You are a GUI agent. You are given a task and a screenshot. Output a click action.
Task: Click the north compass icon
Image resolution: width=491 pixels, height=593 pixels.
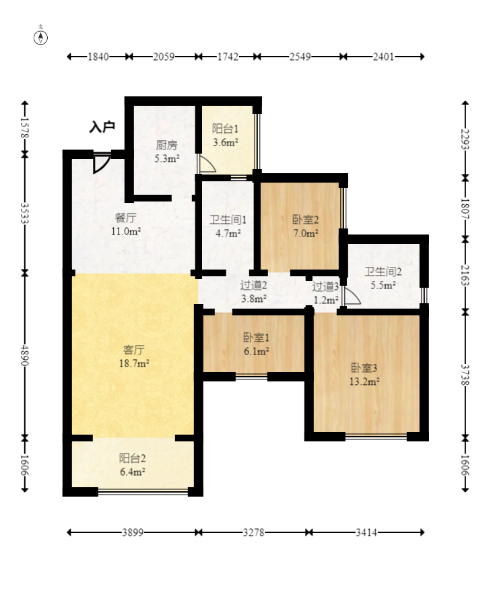click(41, 36)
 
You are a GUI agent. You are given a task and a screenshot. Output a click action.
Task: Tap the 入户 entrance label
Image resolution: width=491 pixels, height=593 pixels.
click(102, 127)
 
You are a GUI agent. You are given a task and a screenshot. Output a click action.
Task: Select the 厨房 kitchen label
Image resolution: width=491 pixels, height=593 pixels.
click(166, 145)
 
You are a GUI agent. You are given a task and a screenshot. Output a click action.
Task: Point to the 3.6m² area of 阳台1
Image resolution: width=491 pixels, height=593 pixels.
click(225, 143)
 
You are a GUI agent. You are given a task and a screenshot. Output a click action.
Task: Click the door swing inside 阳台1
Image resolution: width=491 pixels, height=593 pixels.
click(206, 163)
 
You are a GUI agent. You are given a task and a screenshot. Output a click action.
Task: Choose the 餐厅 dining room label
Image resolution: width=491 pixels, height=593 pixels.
click(126, 218)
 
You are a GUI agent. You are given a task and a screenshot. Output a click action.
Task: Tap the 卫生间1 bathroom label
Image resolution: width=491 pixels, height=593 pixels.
click(223, 220)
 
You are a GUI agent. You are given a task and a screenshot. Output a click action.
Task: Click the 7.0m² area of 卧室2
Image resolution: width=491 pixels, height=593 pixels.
click(305, 233)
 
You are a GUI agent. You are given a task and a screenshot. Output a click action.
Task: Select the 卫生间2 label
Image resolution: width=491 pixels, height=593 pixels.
click(383, 272)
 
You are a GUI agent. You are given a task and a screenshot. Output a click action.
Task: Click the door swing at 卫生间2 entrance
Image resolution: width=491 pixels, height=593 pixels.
click(351, 296)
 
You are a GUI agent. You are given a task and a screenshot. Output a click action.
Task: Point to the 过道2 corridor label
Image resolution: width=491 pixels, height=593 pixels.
click(254, 285)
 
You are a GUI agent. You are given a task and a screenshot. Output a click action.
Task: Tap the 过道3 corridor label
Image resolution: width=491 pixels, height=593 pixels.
click(325, 286)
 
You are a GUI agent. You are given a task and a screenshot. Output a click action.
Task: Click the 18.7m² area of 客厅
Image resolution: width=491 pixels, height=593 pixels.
click(134, 363)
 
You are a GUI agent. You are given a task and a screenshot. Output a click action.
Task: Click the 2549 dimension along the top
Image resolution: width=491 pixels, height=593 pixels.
click(300, 57)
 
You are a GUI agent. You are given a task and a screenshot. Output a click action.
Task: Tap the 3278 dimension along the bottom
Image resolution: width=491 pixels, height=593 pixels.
click(254, 532)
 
